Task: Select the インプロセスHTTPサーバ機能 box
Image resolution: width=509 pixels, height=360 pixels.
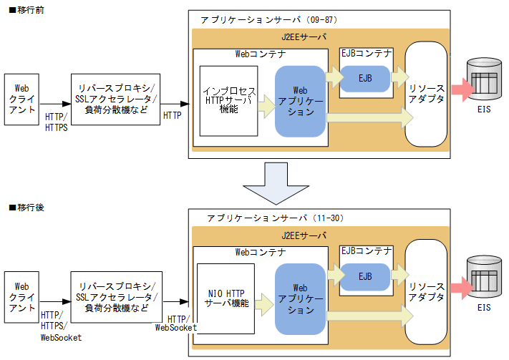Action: pyautogui.click(x=228, y=101)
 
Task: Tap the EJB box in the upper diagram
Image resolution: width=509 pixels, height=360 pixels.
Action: pyautogui.click(x=365, y=78)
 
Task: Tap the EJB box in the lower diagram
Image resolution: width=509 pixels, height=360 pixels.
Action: pyautogui.click(x=365, y=276)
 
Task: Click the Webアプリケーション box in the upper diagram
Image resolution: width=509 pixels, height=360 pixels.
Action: pyautogui.click(x=301, y=101)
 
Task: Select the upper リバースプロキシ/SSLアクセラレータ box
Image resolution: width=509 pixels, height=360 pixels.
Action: pyautogui.click(x=115, y=99)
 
